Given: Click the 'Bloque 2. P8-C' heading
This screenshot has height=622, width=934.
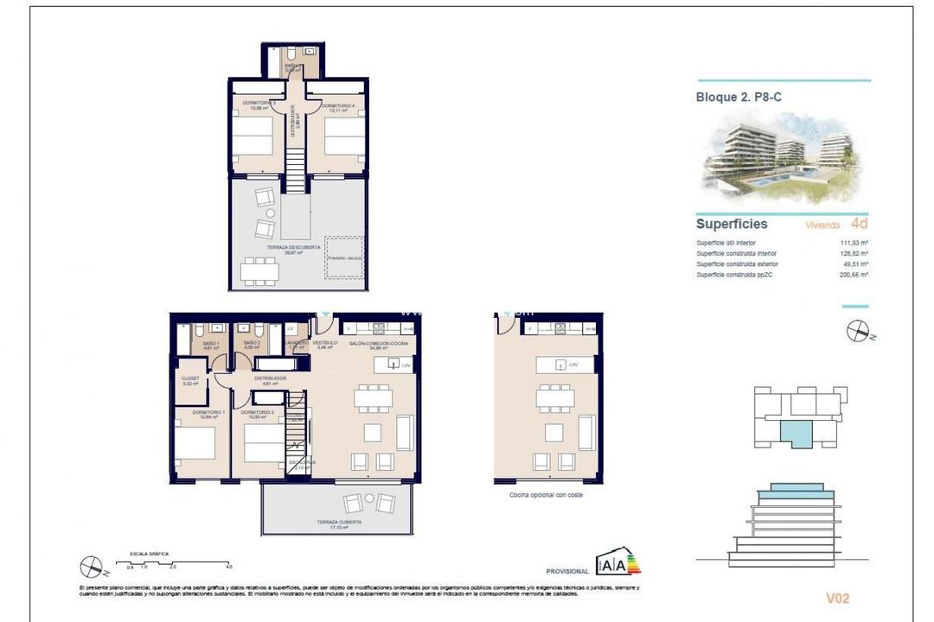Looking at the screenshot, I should pyautogui.click(x=739, y=98).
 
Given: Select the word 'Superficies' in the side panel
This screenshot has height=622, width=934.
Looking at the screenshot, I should pyautogui.click(x=732, y=224).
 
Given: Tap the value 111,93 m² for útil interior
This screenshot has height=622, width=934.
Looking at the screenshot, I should pyautogui.click(x=854, y=243).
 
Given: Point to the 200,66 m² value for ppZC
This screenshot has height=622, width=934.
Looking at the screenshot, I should pyautogui.click(x=854, y=274).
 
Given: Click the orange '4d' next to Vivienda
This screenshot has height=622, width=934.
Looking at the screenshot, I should pyautogui.click(x=859, y=224).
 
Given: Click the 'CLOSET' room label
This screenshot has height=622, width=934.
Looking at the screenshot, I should pyautogui.click(x=190, y=378).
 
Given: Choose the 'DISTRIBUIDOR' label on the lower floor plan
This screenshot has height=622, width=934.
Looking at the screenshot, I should pyautogui.click(x=270, y=378).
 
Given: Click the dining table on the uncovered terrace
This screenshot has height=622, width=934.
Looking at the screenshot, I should pyautogui.click(x=259, y=270).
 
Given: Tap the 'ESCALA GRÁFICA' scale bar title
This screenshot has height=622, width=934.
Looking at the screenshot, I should pyautogui.click(x=149, y=553).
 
